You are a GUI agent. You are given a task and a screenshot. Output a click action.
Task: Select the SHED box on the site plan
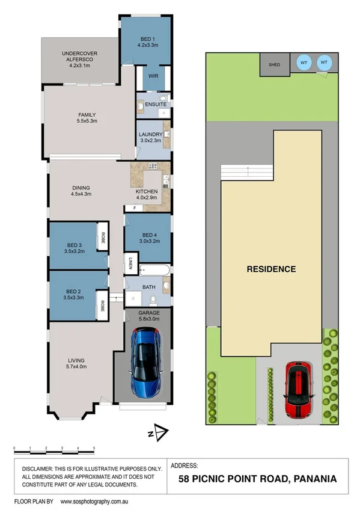[x=274, y=65]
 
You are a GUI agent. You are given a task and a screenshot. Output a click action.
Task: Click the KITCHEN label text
[x=146, y=191]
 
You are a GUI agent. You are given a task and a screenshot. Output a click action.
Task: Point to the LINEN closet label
[x=130, y=262]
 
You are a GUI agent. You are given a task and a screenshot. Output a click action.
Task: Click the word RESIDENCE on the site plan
[x=271, y=269]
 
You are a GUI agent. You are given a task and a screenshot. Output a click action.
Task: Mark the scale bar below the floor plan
[x=53, y=449]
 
